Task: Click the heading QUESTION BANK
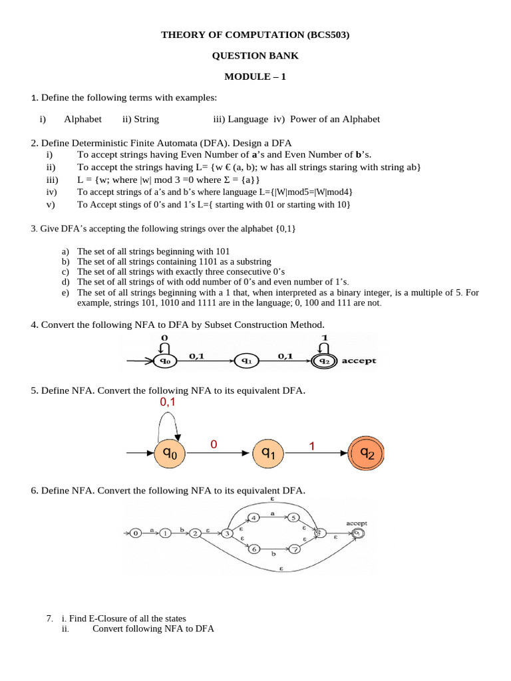click(255, 56)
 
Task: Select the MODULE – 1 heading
click(255, 76)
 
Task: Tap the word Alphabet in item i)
click(83, 119)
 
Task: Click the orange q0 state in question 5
click(170, 454)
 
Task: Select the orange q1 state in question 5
click(267, 454)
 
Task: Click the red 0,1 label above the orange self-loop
click(168, 403)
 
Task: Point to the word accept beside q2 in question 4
click(359, 361)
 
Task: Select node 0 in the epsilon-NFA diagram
click(135, 533)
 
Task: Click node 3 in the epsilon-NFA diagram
click(228, 533)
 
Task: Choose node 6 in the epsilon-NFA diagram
click(253, 549)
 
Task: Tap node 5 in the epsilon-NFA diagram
click(295, 517)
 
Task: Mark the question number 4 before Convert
click(33, 325)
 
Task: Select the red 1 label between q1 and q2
click(311, 447)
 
